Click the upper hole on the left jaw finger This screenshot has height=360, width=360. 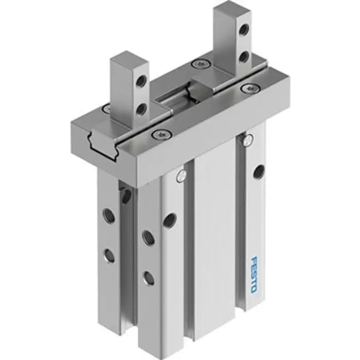click(x=139, y=80)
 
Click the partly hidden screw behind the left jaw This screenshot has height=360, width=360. click(x=106, y=109)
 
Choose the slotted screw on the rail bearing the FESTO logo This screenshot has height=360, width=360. click(x=249, y=138)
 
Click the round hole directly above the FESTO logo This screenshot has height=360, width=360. click(x=259, y=171)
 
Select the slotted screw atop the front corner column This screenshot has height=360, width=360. click(x=181, y=176)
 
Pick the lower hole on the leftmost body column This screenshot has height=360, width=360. click(x=109, y=255)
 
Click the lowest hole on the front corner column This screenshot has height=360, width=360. click(x=148, y=278)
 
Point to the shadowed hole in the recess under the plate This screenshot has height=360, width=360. click(x=125, y=195)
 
